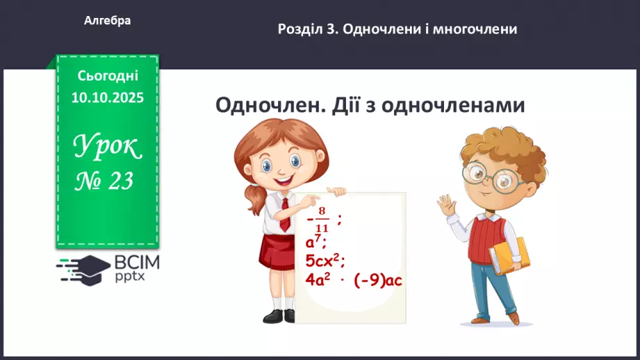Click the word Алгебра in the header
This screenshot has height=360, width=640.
tap(107, 21)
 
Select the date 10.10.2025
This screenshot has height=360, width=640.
tap(107, 98)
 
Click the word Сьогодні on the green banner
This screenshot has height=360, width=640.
tap(108, 76)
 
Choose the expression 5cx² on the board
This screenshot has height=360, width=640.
tap(325, 261)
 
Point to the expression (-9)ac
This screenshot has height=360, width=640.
tap(378, 280)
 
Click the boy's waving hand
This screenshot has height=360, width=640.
tap(446, 205)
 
